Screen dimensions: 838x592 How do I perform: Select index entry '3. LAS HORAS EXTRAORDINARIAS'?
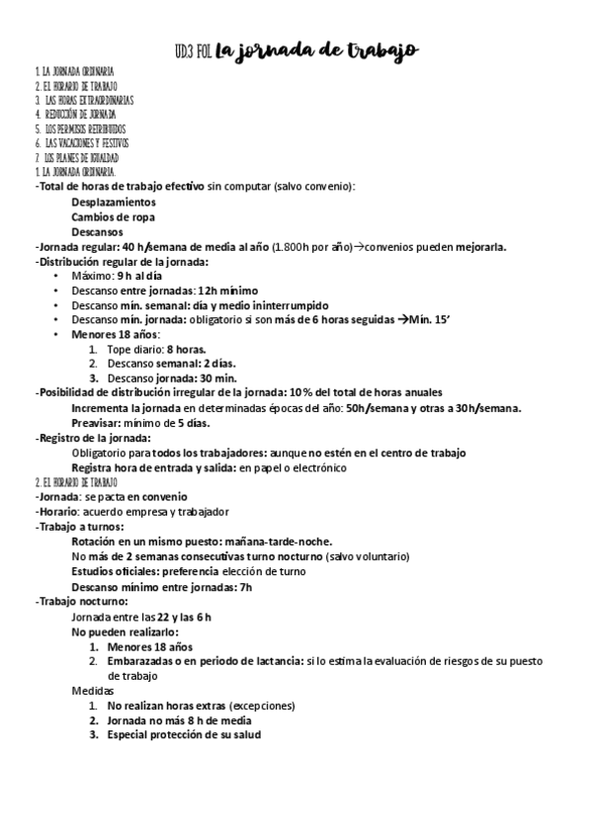[84, 100]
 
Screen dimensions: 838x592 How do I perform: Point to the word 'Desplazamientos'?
[113, 202]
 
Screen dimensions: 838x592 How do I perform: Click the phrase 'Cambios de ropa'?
[113, 216]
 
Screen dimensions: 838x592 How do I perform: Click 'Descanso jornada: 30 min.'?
[171, 378]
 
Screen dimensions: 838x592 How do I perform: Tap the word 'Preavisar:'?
[100, 423]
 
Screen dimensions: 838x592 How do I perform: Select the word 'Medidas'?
[93, 691]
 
